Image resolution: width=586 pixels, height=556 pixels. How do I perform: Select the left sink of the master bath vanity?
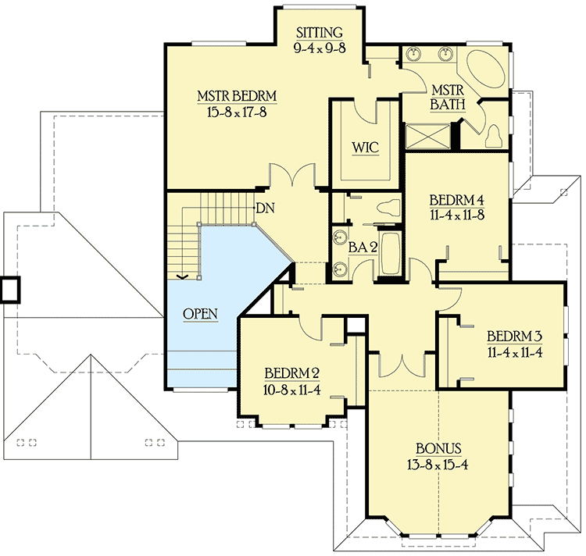pyautogui.click(x=413, y=55)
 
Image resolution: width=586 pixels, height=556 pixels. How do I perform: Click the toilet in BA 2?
pyautogui.click(x=388, y=208)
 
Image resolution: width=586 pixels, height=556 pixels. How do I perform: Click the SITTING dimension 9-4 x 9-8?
pyautogui.click(x=319, y=47)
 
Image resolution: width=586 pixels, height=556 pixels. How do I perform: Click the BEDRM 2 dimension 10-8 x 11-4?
pyautogui.click(x=291, y=387)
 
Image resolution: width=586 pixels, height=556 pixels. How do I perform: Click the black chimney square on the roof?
pyautogui.click(x=11, y=290)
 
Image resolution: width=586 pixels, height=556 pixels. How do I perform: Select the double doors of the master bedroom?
pyautogui.click(x=293, y=176)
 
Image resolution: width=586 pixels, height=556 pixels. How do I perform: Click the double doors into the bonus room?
pyautogui.click(x=402, y=365)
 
